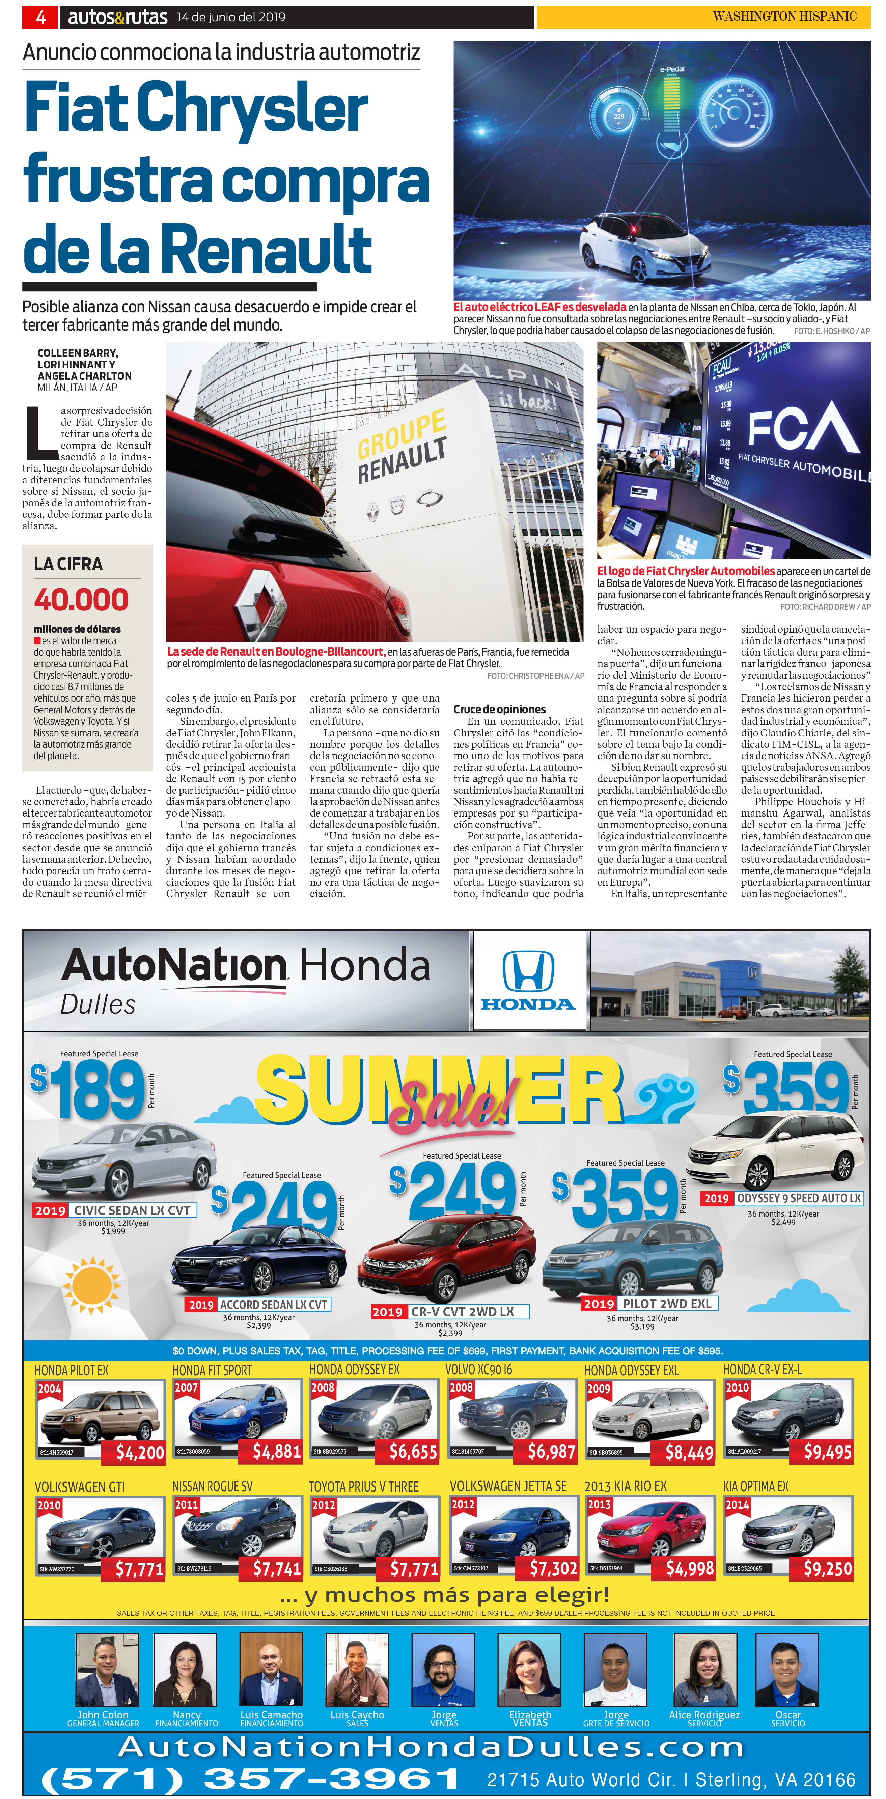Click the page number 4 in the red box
40,17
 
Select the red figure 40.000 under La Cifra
81,599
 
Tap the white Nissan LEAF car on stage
644,247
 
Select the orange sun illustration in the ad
91,1284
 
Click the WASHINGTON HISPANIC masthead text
784,16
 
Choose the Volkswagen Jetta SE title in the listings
508,1486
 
